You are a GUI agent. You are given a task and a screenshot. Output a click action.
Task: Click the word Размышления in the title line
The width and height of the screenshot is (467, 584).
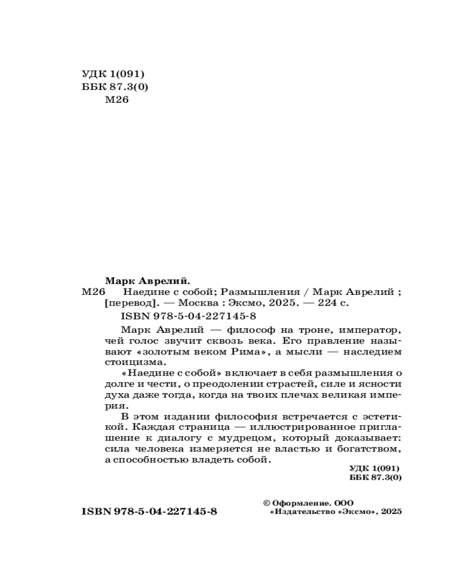click(260, 291)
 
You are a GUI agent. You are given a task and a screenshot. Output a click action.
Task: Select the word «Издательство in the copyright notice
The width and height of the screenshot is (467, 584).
click(302, 512)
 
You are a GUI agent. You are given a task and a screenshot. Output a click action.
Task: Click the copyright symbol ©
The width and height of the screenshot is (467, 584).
click(267, 502)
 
